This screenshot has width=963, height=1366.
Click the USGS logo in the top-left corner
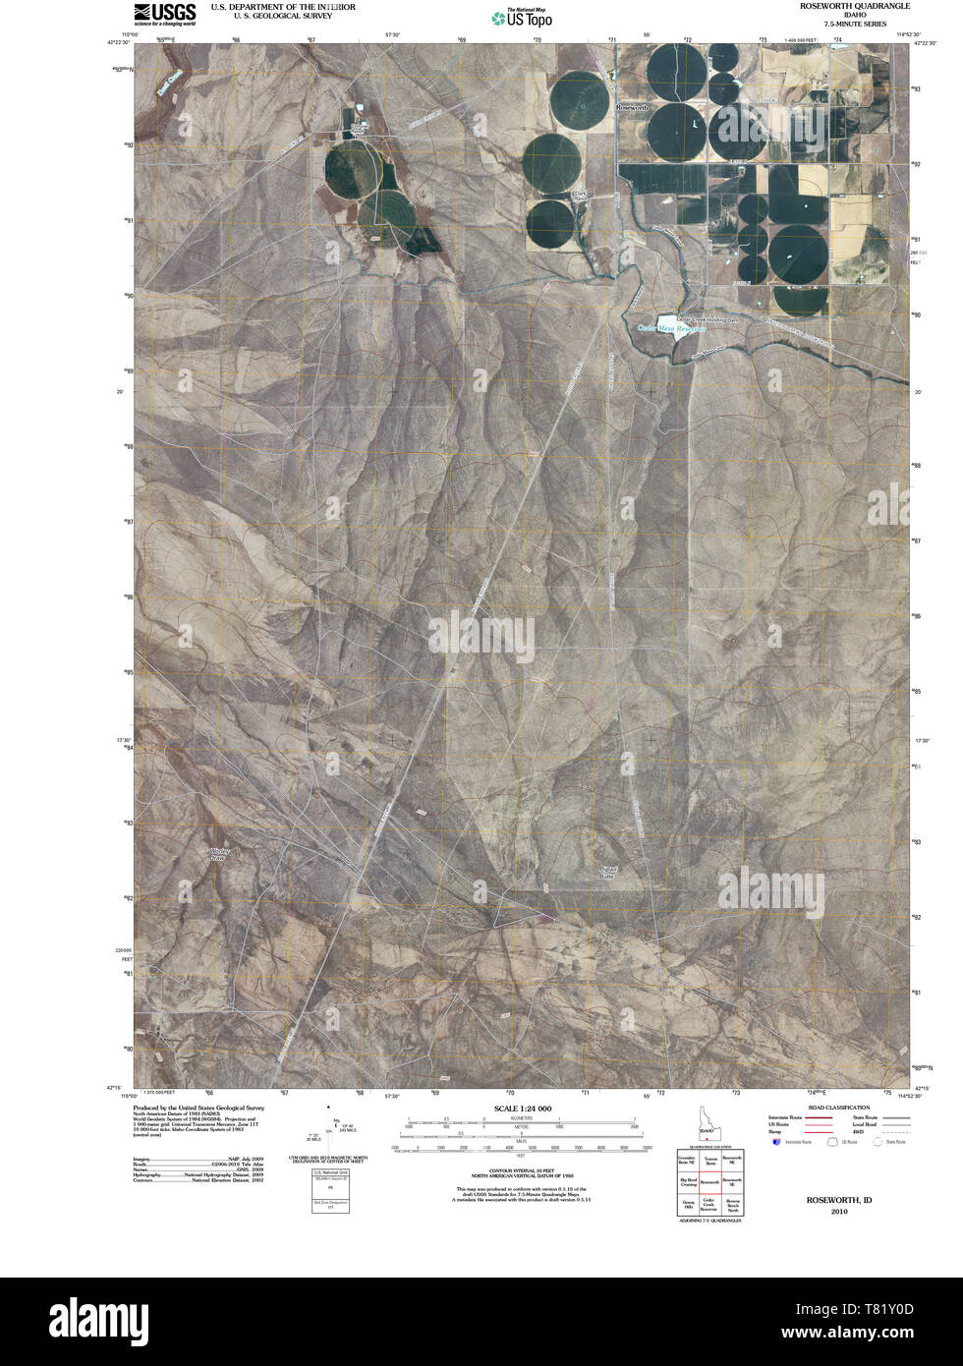(164, 13)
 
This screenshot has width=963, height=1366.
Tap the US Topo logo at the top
(522, 17)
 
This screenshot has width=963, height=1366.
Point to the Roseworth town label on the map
(632, 104)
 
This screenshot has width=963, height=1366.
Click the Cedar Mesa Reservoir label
(672, 327)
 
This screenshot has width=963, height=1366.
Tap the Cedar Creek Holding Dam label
(707, 319)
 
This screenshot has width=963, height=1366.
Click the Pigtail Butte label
(606, 872)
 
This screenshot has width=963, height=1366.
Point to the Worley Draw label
(218, 854)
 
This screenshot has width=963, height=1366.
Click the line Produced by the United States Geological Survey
(198, 1107)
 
